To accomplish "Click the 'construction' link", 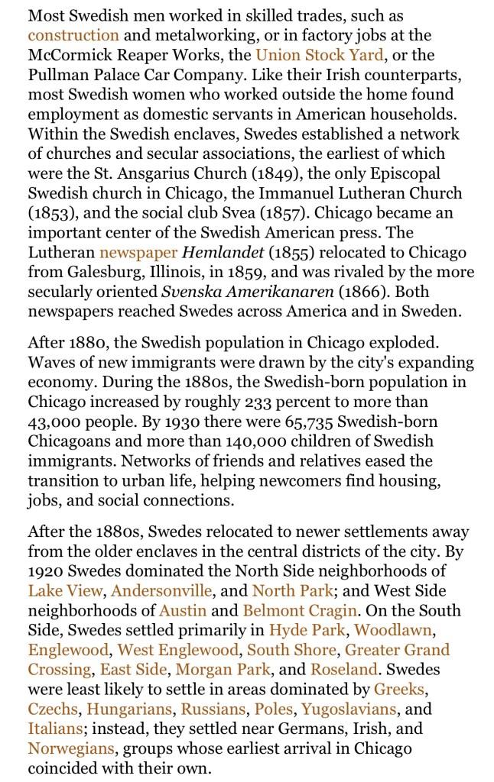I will coord(73,35).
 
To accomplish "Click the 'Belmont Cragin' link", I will coord(300,610).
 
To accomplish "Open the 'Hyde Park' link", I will coord(307,630).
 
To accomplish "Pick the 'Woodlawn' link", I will coord(394,630).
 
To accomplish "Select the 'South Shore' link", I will coord(291,650).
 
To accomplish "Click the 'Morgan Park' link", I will coord(223,670).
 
